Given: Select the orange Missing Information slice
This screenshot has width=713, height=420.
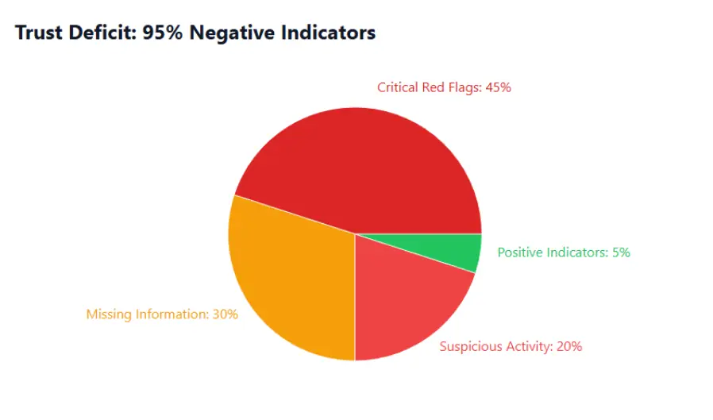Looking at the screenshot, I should (290, 282).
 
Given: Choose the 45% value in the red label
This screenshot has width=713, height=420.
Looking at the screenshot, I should (498, 88).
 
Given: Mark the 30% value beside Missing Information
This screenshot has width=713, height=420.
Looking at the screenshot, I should (225, 314).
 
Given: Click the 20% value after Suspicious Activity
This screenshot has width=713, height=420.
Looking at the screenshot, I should (568, 347).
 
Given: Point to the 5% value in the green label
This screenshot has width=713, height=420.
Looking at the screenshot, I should (619, 253).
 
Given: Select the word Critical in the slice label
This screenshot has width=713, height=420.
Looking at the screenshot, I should (398, 88).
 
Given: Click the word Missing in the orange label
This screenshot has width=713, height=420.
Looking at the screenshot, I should (108, 314).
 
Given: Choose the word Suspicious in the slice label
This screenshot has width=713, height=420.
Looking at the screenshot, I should (470, 347).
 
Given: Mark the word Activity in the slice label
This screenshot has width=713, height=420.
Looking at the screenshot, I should (528, 347).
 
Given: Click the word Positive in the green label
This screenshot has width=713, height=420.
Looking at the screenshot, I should (520, 253).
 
